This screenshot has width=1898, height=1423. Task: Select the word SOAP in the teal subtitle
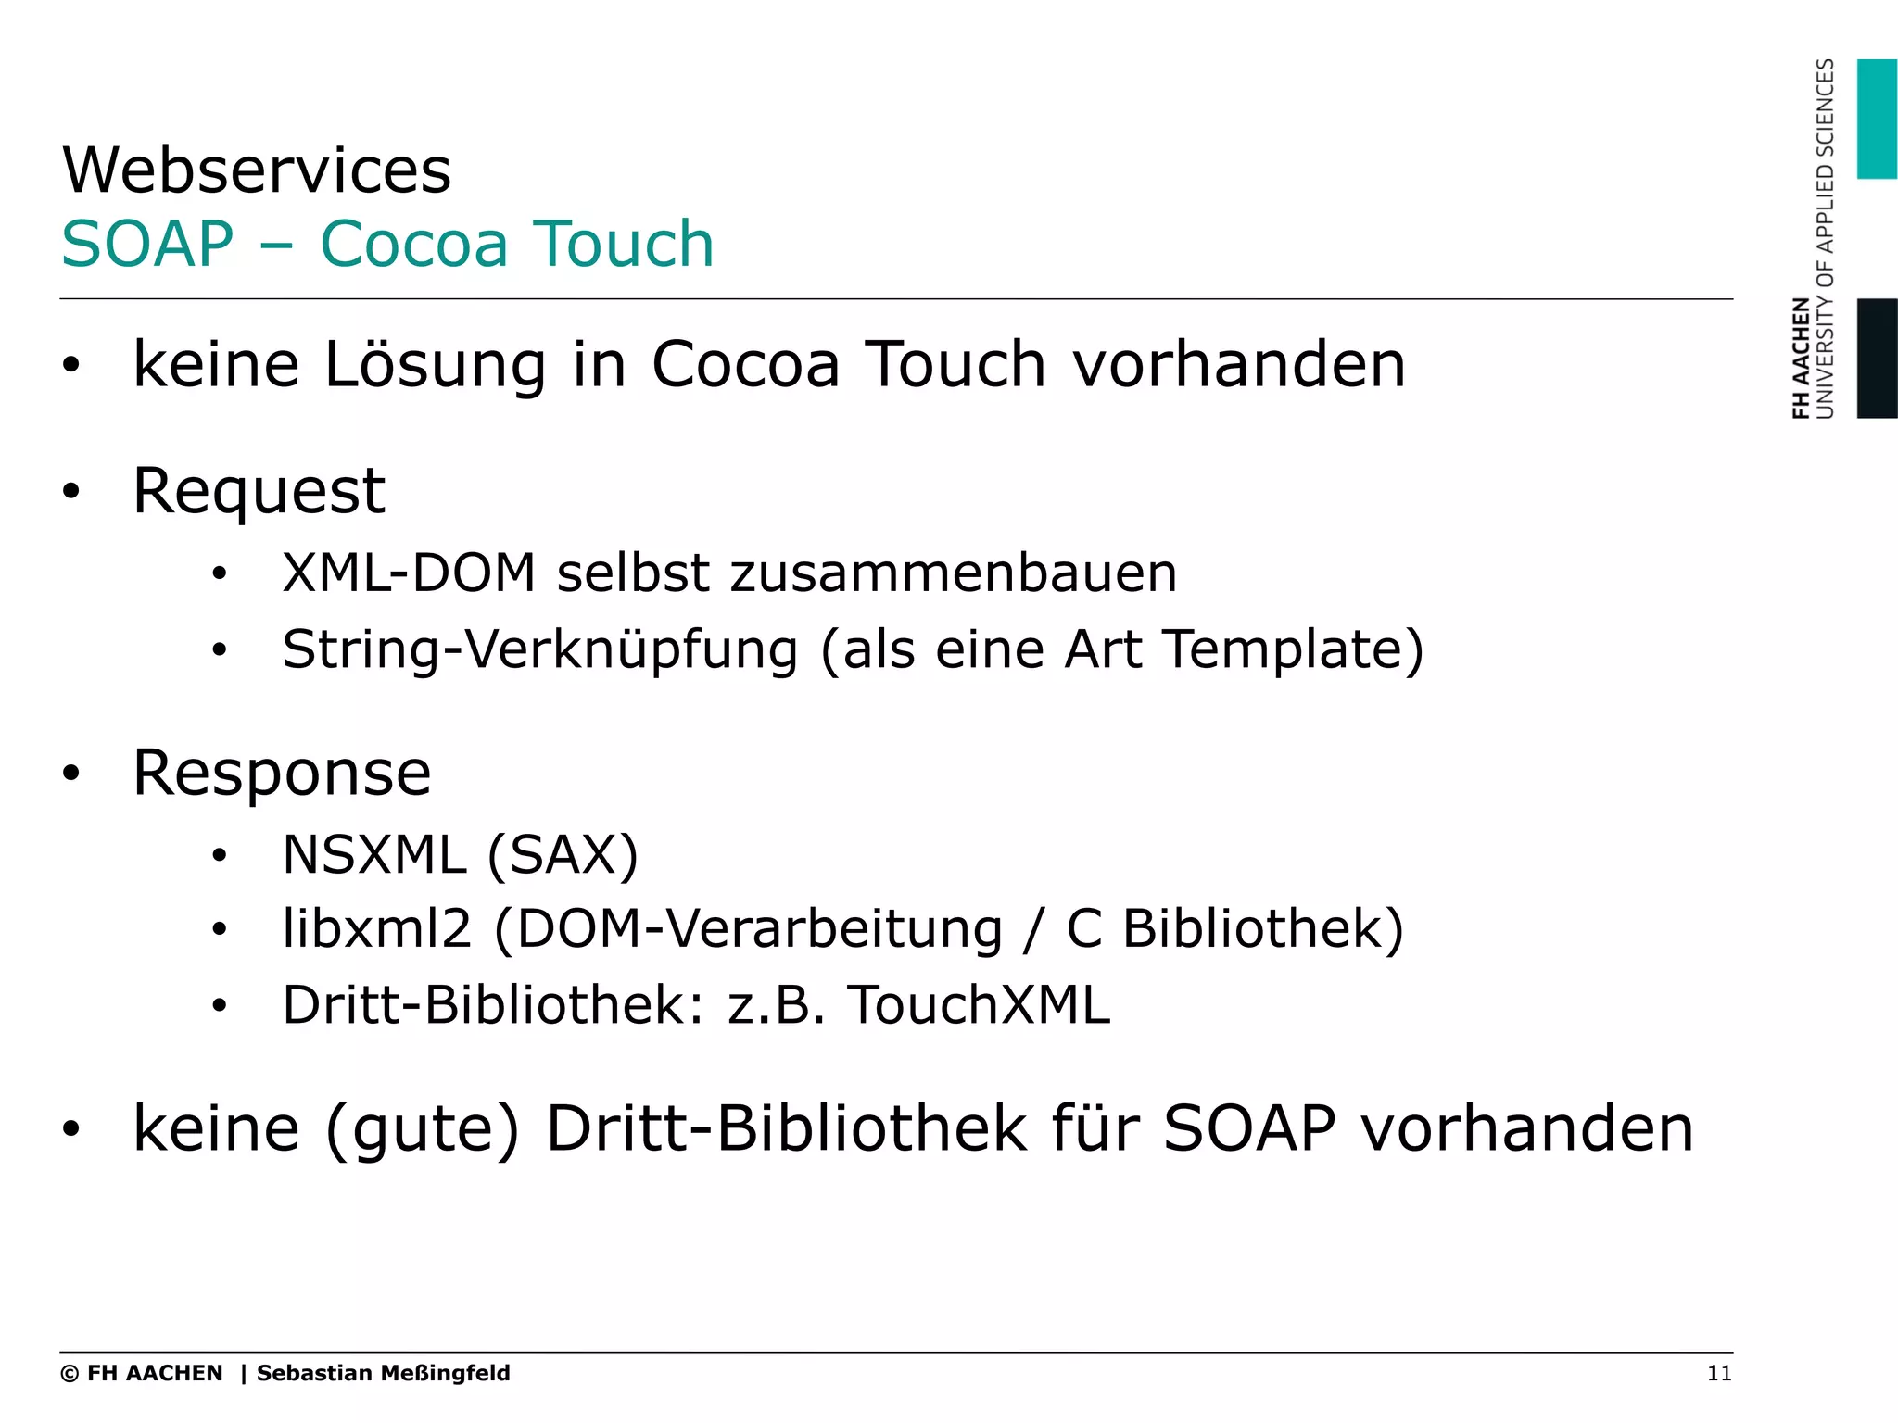tap(147, 245)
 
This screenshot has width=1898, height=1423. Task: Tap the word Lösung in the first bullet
tap(435, 364)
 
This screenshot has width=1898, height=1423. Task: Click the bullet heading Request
tap(259, 491)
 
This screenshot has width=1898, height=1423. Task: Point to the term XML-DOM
tap(409, 573)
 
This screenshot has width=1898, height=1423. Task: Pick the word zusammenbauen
tap(954, 573)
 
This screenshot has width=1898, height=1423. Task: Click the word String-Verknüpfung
tap(539, 649)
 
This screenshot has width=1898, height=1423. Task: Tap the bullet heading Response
tap(282, 773)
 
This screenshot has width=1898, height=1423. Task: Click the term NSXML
tap(373, 854)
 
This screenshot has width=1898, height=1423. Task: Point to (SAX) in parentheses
tap(563, 854)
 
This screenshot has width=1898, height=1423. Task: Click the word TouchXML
tap(979, 1005)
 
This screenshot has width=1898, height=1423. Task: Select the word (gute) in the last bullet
tap(423, 1129)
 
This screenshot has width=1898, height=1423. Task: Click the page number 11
tap(1719, 1374)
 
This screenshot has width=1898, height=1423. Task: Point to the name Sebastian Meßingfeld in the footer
tap(383, 1373)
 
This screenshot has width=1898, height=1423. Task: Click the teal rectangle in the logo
tap(1877, 119)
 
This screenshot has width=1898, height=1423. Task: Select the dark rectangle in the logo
tap(1877, 359)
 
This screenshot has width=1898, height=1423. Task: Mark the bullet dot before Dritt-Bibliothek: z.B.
tap(219, 1005)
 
